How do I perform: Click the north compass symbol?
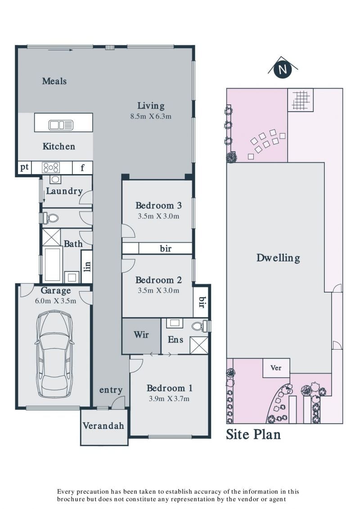[283, 68]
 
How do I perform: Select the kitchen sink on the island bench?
[61, 125]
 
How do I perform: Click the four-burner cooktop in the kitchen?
[51, 167]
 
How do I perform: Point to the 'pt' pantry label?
[25, 167]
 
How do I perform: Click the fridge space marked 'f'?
[82, 167]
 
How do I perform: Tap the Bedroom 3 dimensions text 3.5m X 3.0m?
[158, 216]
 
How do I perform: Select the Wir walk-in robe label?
[141, 334]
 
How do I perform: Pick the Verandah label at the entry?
[103, 426]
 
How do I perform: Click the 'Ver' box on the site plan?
[276, 368]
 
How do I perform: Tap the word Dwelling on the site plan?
[278, 258]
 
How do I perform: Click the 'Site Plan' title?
[253, 434]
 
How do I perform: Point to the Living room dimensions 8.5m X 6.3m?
[151, 116]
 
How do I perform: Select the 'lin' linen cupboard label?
[87, 267]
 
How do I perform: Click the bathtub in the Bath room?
[52, 264]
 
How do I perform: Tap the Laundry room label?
[64, 191]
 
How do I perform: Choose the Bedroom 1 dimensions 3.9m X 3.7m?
[169, 399]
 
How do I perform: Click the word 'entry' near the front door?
[111, 390]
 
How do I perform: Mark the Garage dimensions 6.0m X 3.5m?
[56, 301]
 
